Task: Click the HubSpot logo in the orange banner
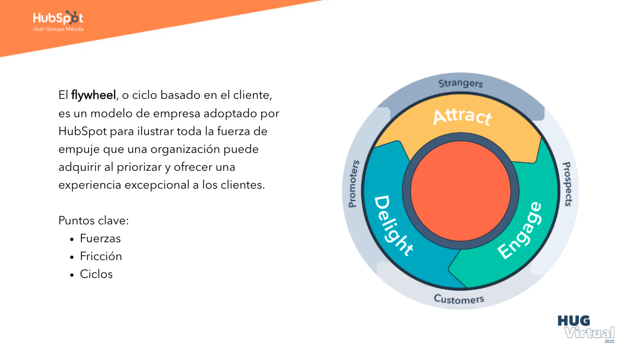[58, 18]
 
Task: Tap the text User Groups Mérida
[58, 29]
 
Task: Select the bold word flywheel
[94, 95]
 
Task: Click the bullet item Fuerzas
[100, 239]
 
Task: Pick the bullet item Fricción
[100, 257]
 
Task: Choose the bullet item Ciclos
[96, 274]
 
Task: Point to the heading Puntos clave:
[94, 220]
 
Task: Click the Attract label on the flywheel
[463, 116]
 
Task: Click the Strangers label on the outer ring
[460, 84]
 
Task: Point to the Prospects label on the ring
[567, 184]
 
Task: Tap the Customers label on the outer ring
[459, 299]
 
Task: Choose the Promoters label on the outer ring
[353, 184]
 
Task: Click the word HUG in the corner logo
[574, 321]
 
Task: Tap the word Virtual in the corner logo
[589, 333]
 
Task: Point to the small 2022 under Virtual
[609, 341]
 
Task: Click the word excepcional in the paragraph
[157, 185]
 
